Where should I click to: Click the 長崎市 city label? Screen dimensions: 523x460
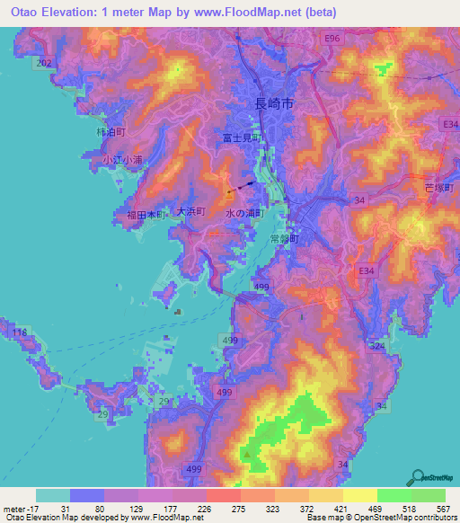pos(275,104)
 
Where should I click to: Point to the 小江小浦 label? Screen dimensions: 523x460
pos(122,160)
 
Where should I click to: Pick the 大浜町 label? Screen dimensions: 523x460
pos(190,211)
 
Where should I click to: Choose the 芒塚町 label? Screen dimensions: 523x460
pos(440,187)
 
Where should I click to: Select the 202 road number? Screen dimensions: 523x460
pos(43,63)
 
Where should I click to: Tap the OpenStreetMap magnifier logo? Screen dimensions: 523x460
pos(420,477)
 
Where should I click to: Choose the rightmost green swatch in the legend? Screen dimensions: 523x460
pos(428,495)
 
